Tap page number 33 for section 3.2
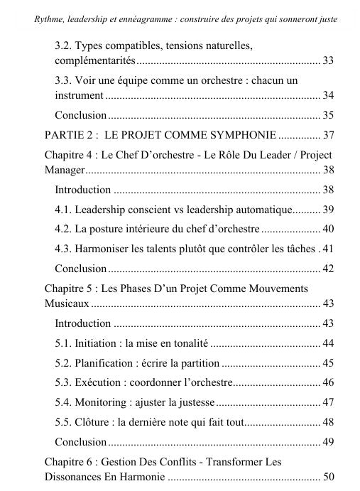[327, 61]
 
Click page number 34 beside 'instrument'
[327, 95]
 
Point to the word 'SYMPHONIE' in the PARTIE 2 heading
[234, 134]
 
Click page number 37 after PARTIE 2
[327, 134]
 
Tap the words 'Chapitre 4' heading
[68, 154]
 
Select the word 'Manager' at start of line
[63, 170]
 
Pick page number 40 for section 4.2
[327, 229]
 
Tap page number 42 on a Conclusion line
[327, 269]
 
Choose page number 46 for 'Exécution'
[327, 382]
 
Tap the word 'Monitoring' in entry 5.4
[102, 402]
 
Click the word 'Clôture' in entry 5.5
[93, 422]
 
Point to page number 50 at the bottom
[327, 477]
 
